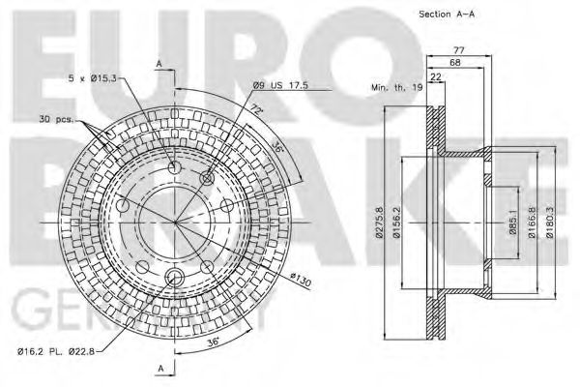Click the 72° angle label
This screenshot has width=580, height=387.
click(x=256, y=111)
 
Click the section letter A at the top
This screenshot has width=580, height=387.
click(x=159, y=63)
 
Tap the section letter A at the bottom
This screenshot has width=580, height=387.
click(x=159, y=368)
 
